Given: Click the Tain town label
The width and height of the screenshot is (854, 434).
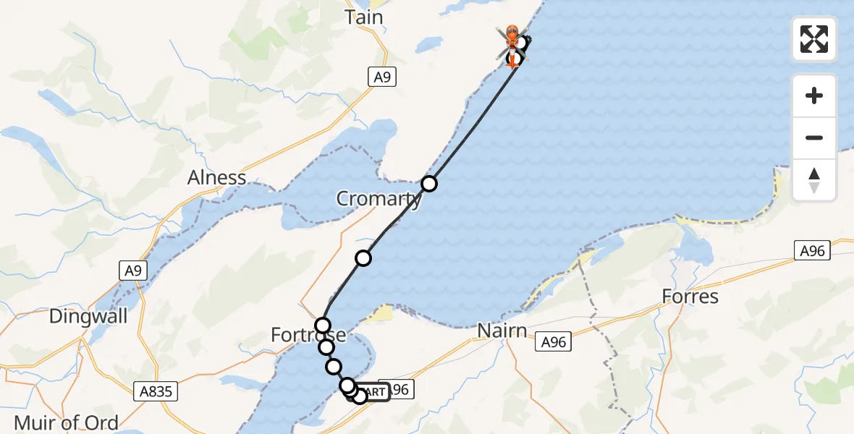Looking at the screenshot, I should tap(364, 17).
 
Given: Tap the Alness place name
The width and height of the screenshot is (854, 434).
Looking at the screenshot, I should tap(217, 177).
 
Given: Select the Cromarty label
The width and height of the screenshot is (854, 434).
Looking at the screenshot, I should tap(379, 199).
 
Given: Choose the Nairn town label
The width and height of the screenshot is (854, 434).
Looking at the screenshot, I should tap(501, 331).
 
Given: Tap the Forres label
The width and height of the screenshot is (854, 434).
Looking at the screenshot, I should tap(690, 297).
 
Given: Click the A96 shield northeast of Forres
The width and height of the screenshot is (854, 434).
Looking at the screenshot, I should tap(812, 250).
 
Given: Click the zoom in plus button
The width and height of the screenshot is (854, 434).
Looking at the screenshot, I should tap(814, 95).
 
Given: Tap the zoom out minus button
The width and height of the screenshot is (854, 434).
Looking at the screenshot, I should tap(814, 137).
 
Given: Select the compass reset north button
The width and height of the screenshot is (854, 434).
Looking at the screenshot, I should tap(814, 179).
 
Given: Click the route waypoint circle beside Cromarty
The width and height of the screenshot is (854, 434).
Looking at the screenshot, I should tap(429, 184).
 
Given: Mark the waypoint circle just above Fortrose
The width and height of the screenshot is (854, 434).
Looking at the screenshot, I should tap(323, 325).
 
